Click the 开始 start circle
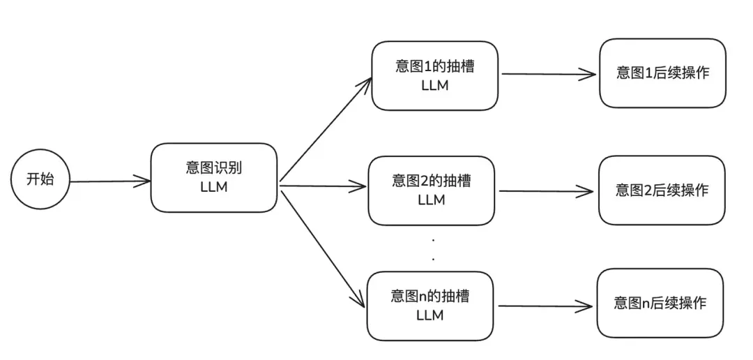(40, 179)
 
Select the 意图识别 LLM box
(213, 178)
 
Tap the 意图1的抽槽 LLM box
(434, 75)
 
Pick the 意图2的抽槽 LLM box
(431, 190)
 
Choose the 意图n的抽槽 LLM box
(430, 306)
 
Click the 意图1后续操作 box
(662, 73)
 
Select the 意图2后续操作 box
(662, 190)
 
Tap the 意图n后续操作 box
(660, 303)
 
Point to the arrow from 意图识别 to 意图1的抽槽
(325, 129)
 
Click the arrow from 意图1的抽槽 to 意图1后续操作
(548, 74)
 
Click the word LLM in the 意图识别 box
(213, 187)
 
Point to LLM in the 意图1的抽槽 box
(434, 85)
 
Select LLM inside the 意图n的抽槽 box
(430, 315)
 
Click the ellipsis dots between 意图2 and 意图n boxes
(434, 249)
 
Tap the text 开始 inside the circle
(40, 179)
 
